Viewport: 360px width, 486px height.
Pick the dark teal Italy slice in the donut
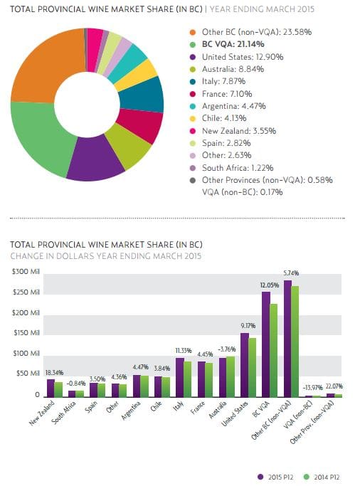coord(142,95)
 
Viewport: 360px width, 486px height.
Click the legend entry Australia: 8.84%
coord(233,69)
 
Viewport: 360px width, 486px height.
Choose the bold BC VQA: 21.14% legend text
coord(233,44)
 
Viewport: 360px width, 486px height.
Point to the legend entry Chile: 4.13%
coord(224,118)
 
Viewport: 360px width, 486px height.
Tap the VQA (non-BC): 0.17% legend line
coord(243,192)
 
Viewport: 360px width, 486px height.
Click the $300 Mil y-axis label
coord(26,272)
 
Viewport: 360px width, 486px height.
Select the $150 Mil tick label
coord(26,333)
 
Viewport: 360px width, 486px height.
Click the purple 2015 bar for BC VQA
coord(266,344)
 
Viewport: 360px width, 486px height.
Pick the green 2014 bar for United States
coord(252,368)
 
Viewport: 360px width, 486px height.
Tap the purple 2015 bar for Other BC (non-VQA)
coord(287,339)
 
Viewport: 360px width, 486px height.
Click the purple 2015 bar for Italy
coord(180,378)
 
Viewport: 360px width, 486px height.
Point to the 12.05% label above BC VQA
coord(269,285)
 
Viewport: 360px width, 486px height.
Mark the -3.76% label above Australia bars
coord(227,349)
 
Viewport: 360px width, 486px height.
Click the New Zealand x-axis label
coord(42,413)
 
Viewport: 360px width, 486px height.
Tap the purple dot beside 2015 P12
coord(260,477)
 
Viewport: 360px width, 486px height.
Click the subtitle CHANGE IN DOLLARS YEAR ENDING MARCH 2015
coord(105,256)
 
